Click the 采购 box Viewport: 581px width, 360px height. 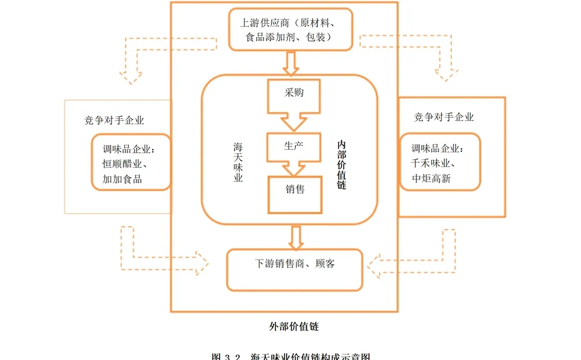pos(294,94)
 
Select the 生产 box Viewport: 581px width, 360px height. pos(294,146)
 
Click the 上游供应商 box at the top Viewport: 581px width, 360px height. pos(291,30)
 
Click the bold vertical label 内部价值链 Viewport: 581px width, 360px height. pos(342,165)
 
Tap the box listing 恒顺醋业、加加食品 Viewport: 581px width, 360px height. pos(130,164)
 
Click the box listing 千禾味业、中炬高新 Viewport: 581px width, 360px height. pos(440,164)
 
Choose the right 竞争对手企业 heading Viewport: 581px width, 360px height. pos(444,117)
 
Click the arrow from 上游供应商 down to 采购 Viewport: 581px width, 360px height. pos(291,64)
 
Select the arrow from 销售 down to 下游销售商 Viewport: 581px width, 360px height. pos(295,236)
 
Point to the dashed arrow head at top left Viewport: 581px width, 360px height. pos(131,77)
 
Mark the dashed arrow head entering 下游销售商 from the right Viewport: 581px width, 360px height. pos(375,265)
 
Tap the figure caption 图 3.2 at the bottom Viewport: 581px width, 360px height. pos(290,356)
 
